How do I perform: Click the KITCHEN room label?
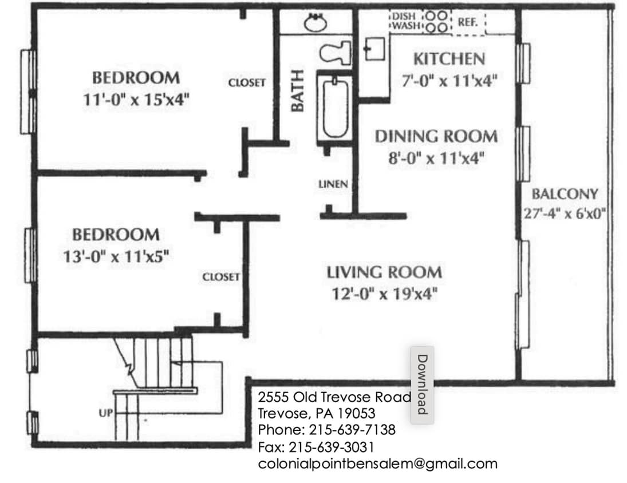pos(449,59)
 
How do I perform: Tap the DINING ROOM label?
pos(436,137)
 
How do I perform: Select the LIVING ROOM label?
pos(384,272)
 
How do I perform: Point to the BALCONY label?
pos(565,193)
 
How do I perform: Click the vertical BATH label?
pos(298,91)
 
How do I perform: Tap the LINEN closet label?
pos(333,184)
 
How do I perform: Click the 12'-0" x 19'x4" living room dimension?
pos(384,294)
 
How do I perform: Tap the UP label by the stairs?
pos(106,413)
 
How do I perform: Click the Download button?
pos(422,384)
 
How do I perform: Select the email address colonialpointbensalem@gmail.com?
pos(378,464)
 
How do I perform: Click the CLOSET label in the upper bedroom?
pos(247,83)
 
